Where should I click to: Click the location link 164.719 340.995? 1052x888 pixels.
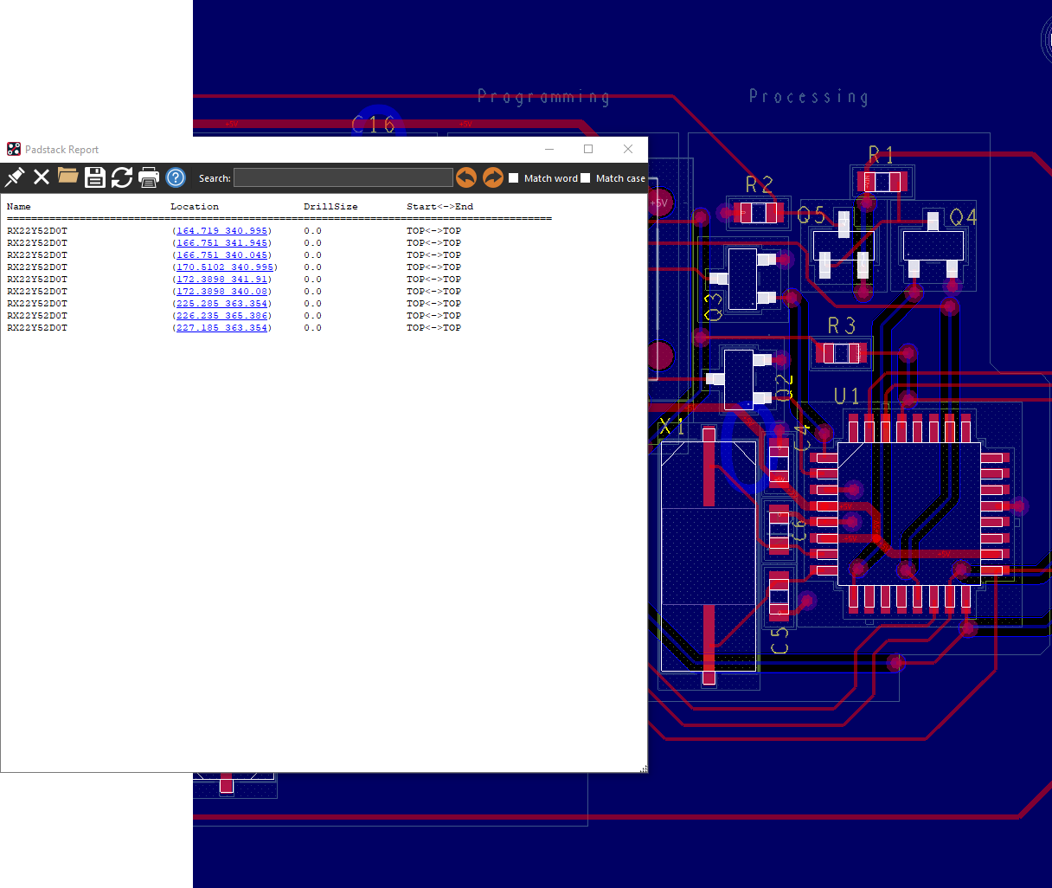pos(222,231)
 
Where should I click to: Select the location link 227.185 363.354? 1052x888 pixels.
pos(222,328)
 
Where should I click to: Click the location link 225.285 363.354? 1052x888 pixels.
pos(222,304)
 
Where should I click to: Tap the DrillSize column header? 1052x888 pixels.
pos(330,207)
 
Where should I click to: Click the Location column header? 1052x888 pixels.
pos(195,207)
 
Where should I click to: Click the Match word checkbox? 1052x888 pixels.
pos(514,178)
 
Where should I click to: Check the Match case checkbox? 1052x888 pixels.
pos(586,178)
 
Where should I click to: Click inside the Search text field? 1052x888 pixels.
pos(343,178)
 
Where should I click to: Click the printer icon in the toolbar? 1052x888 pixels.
pos(149,177)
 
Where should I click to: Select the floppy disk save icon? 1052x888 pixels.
pos(95,177)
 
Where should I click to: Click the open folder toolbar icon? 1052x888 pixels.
pos(68,177)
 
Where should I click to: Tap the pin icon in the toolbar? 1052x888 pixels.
pos(15,177)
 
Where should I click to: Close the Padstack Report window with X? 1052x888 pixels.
pos(628,149)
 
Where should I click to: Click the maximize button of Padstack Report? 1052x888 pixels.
pos(588,149)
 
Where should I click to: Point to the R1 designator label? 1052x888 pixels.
pos(881,156)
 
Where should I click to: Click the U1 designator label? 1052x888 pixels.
pos(846,396)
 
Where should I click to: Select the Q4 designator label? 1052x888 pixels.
pos(963,217)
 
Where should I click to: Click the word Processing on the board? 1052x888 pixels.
pos(808,97)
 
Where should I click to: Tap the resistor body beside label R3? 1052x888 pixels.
pos(840,353)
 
